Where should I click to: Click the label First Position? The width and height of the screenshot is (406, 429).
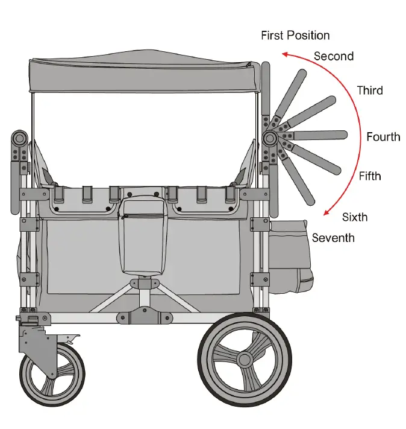point(295,36)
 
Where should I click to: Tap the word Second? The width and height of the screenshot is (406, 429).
point(333,56)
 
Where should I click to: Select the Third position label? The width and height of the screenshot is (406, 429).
point(369,91)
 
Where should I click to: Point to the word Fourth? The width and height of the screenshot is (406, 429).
point(383,137)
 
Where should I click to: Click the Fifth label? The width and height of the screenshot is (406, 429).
point(370,176)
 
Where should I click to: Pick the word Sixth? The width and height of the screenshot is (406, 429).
point(355,217)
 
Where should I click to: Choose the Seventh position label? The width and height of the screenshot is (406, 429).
point(333,238)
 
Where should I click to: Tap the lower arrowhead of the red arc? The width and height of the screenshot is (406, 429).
point(326,212)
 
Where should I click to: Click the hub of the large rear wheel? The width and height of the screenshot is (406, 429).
point(244,360)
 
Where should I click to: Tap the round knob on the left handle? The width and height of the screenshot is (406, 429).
point(19,138)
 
